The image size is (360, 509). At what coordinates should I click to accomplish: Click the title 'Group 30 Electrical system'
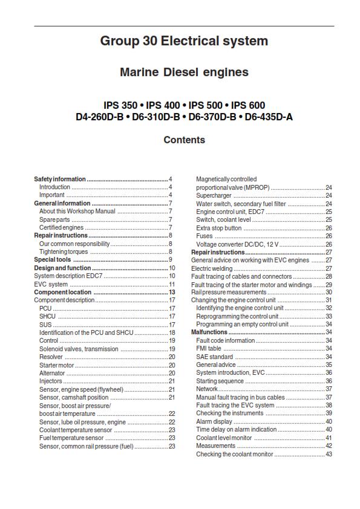point(184,42)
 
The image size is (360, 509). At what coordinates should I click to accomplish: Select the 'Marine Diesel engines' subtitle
point(184,73)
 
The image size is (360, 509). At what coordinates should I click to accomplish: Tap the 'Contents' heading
point(184,140)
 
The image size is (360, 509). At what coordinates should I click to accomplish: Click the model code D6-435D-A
point(268,117)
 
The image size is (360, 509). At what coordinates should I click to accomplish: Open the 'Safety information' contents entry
point(60,180)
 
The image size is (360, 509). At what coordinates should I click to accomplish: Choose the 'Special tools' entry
point(53,259)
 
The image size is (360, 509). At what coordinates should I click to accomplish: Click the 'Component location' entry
point(62,292)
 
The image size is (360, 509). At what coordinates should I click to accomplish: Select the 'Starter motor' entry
point(56,365)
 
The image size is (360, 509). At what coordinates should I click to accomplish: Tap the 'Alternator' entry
point(52,374)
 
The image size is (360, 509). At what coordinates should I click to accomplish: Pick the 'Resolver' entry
point(51,357)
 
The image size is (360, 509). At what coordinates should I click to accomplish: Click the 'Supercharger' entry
point(214,196)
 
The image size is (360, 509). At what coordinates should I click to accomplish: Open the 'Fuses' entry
point(204,236)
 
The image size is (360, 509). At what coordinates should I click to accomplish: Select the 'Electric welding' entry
point(212,268)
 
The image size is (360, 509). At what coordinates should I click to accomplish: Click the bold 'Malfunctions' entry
point(209,332)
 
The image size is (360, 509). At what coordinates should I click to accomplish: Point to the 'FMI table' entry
point(209,349)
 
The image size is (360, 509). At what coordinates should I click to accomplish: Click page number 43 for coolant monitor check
point(329,454)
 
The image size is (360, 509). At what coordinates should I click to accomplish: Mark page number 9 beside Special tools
point(171,259)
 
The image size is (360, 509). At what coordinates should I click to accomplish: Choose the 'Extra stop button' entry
point(219,228)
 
